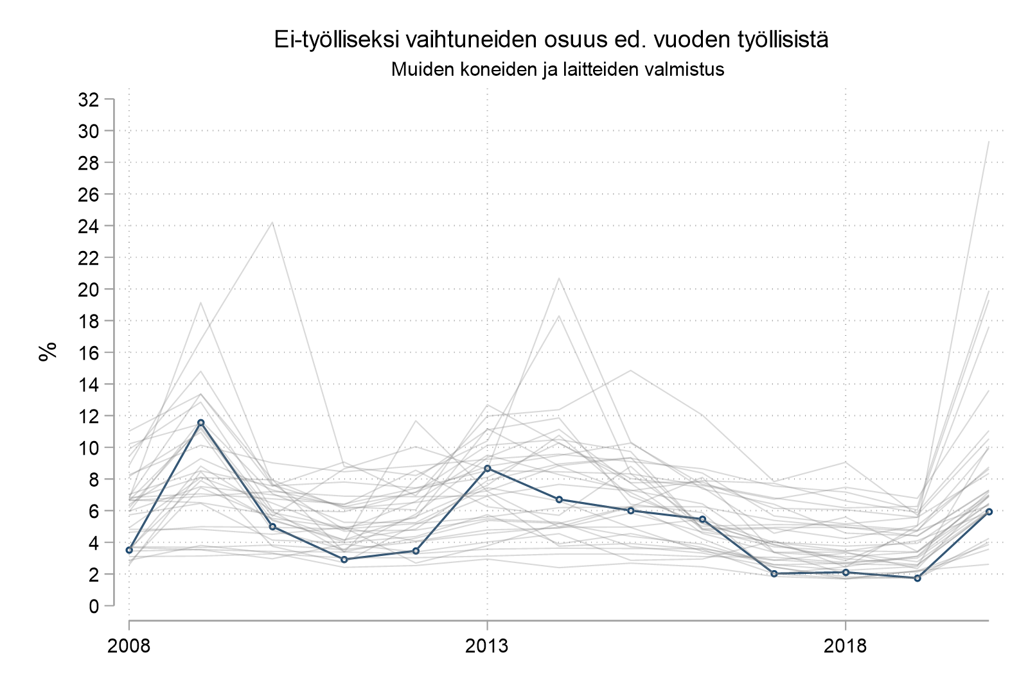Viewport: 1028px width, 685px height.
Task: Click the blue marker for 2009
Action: tap(201, 422)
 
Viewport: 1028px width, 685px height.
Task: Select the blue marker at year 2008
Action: tap(129, 550)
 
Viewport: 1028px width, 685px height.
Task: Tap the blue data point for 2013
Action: tap(488, 469)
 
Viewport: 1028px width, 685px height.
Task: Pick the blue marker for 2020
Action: tap(989, 512)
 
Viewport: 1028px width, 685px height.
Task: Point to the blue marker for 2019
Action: tap(917, 578)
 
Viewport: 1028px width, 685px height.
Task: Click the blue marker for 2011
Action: tap(344, 559)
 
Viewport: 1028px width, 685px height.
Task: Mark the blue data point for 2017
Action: tap(774, 573)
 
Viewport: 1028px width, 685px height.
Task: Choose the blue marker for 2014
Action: tap(559, 499)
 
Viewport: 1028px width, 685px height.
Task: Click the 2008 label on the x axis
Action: tap(129, 645)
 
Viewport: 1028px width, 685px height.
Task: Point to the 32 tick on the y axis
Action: tap(89, 100)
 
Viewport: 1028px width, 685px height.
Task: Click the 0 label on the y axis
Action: tap(94, 605)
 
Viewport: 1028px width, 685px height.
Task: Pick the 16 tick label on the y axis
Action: tap(89, 352)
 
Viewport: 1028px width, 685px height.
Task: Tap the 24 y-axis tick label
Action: tap(89, 226)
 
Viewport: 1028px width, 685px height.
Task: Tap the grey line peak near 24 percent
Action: tap(272, 223)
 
